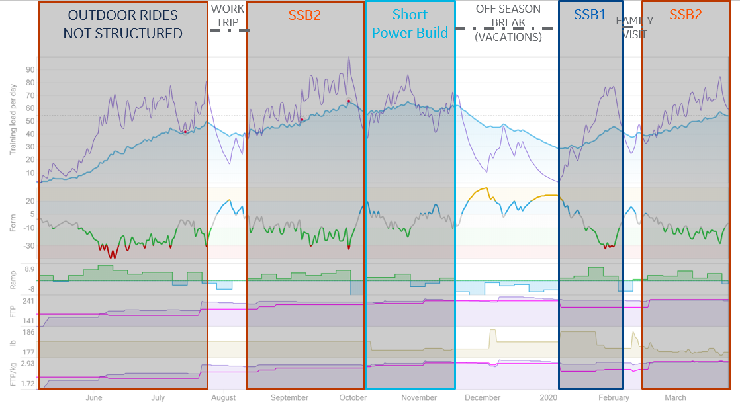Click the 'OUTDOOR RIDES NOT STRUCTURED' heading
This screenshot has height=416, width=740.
click(x=123, y=24)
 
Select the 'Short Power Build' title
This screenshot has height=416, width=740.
click(x=410, y=23)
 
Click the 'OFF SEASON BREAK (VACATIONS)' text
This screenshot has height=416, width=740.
click(x=508, y=23)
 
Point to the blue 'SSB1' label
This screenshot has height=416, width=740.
click(x=590, y=15)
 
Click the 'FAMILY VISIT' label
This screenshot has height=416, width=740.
click(x=634, y=27)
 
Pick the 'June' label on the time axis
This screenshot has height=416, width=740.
click(x=93, y=397)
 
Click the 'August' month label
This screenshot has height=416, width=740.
click(x=223, y=397)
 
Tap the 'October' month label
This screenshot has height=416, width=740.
click(x=353, y=397)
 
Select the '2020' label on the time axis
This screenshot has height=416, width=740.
click(x=548, y=397)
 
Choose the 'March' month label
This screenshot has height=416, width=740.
click(x=675, y=397)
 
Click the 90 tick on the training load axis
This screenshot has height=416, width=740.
click(x=30, y=69)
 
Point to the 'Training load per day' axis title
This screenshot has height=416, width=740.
click(x=13, y=116)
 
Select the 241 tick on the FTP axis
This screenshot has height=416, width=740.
click(x=28, y=301)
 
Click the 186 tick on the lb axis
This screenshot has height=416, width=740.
click(x=28, y=333)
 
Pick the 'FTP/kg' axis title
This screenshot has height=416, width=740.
click(x=13, y=374)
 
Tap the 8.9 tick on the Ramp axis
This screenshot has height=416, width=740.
click(x=30, y=269)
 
